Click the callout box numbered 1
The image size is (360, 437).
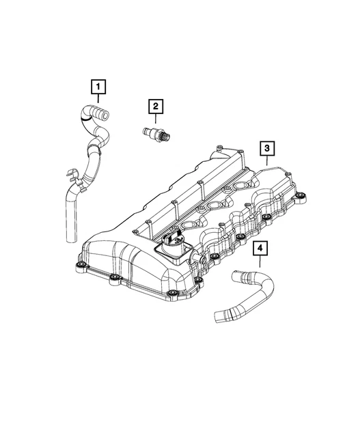100,87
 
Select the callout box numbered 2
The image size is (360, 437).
156,106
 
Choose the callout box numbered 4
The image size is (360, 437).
260,250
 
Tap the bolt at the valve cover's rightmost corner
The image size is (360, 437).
301,199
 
